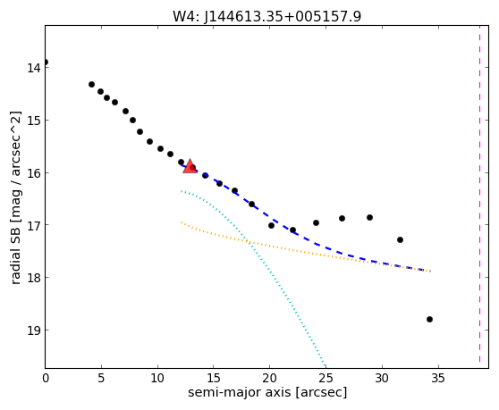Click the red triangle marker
190,166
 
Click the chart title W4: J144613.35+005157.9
266,16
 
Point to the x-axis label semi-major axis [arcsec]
267,392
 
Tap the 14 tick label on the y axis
33,67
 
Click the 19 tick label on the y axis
33,331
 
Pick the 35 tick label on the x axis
438,378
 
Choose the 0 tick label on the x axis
46,378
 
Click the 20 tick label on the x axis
269,378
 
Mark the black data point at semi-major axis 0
46,62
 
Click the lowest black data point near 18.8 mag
429,319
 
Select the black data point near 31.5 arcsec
400,239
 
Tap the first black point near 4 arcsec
91,84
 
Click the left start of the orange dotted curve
181,222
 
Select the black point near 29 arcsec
369,217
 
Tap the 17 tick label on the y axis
33,225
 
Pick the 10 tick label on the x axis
157,378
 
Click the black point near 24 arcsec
316,222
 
